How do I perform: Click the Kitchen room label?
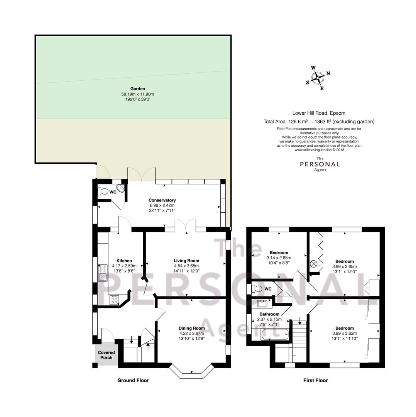[124, 261]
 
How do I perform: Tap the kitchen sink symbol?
[102, 273]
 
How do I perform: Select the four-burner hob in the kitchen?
[114, 300]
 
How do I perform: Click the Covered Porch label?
[107, 355]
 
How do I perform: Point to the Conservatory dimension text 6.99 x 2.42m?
[162, 205]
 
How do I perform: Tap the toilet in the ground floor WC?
[103, 191]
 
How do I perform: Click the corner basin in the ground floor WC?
[121, 188]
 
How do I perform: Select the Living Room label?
[186, 261]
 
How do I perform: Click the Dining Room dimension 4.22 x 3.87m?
[192, 333]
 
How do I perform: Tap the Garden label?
[138, 88]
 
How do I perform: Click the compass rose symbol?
[318, 78]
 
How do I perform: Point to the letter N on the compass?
[328, 73]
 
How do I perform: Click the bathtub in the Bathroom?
[275, 334]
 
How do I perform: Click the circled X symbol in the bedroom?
[314, 264]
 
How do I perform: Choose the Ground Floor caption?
[133, 380]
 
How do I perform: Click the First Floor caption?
[316, 380]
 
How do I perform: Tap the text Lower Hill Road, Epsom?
[319, 113]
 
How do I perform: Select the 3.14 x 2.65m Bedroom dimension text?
[279, 258]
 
